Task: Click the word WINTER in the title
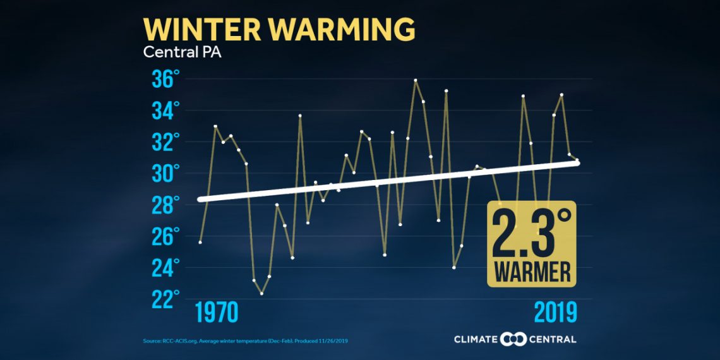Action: point(201,30)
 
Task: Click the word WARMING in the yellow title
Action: point(342,30)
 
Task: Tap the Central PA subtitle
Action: point(182,52)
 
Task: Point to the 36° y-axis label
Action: point(165,80)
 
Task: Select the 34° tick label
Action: point(165,111)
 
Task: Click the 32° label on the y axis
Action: point(165,142)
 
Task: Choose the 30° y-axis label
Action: point(165,174)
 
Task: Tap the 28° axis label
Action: point(165,205)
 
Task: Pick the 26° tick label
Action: point(165,236)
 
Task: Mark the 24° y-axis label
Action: point(165,268)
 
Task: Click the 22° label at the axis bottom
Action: point(165,299)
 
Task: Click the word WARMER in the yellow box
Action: point(532,272)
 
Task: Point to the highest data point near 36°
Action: point(416,80)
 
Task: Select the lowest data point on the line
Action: point(261,294)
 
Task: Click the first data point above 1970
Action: point(200,242)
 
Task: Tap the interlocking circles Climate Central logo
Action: point(513,340)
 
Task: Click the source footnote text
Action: point(246,341)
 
